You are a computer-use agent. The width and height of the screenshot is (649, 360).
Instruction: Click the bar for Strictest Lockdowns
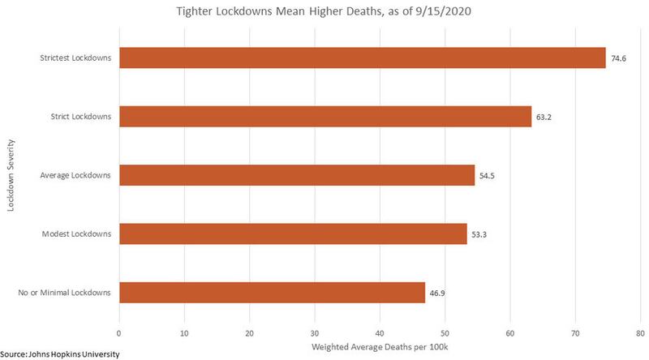(x=362, y=58)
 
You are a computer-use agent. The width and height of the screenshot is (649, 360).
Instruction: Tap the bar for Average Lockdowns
(x=296, y=175)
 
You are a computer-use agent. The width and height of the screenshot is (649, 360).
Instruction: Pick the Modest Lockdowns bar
(x=292, y=234)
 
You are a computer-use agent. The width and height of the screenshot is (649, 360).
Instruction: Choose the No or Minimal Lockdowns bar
(x=272, y=292)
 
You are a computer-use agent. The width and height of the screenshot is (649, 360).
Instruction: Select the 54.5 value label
(x=487, y=175)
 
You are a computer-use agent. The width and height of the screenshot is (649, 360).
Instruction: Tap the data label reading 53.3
(x=479, y=234)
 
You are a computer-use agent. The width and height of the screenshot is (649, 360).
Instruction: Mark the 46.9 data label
(x=437, y=293)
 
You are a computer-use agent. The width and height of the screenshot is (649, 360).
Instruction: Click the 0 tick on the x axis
(x=119, y=332)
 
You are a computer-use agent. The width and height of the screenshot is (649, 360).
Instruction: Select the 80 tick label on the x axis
(x=640, y=332)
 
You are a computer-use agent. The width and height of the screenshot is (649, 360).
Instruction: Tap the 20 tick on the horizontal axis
(x=249, y=332)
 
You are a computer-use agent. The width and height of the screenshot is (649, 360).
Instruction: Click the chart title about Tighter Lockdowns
(x=324, y=13)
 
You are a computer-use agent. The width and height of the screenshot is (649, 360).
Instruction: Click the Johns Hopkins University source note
(x=64, y=354)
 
